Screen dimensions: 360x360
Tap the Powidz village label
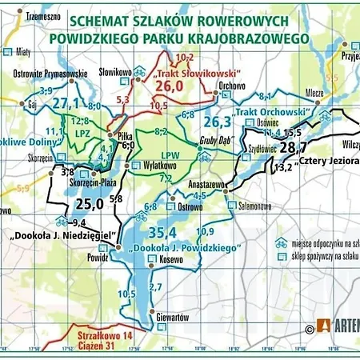point(98,258)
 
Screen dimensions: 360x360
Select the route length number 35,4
point(162,233)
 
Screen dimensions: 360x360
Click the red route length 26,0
point(169,86)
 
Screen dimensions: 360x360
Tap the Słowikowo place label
point(114,71)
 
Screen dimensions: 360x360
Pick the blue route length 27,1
point(66,104)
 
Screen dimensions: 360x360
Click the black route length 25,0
point(88,205)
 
